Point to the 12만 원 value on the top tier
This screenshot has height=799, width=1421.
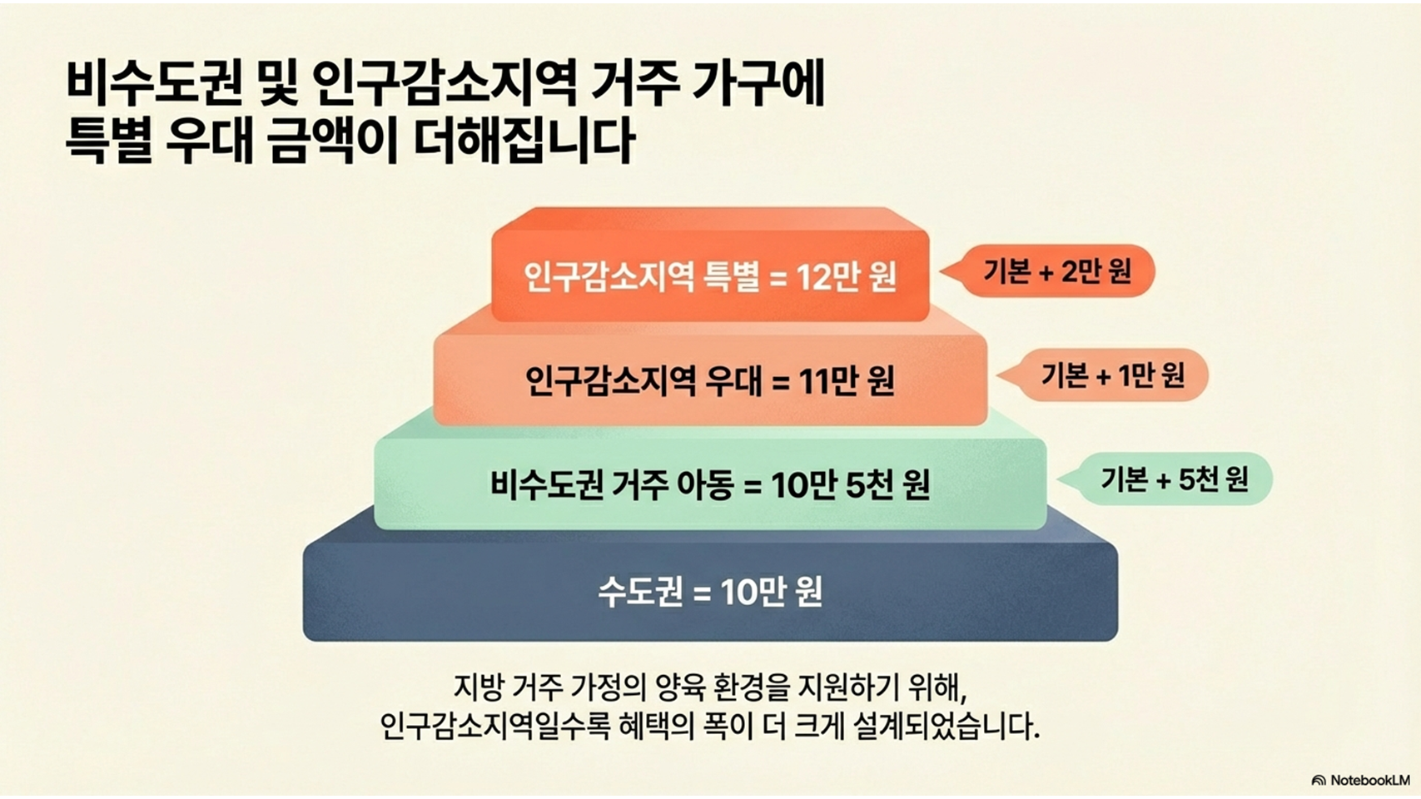tap(846, 277)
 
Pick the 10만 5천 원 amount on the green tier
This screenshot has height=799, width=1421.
tap(850, 485)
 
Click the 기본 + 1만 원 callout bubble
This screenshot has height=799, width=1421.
tap(1112, 375)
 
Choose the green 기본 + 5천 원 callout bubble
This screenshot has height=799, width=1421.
tap(1174, 479)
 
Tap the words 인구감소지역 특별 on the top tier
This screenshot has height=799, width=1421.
tap(640, 277)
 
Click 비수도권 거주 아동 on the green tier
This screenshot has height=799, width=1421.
tap(611, 485)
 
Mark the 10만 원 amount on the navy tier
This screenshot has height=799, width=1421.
tap(771, 593)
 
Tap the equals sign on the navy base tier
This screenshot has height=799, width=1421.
tap(703, 593)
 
